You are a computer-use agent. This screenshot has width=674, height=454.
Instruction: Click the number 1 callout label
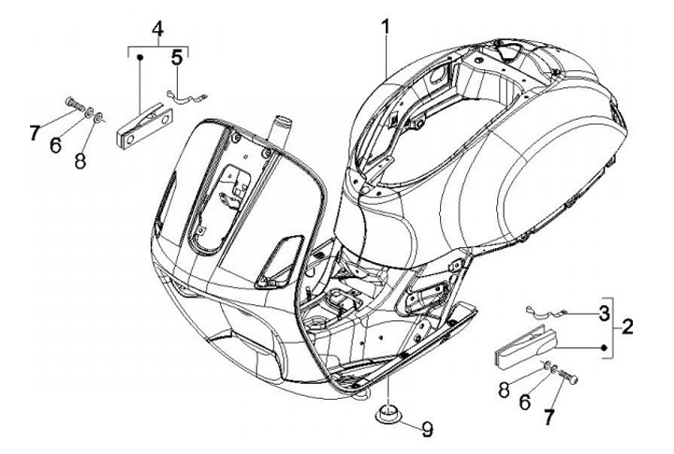click(385, 28)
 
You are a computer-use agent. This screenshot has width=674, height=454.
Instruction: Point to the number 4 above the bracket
click(157, 27)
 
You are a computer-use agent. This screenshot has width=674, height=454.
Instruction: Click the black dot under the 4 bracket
click(140, 57)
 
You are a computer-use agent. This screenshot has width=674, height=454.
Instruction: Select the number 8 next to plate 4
click(81, 137)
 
